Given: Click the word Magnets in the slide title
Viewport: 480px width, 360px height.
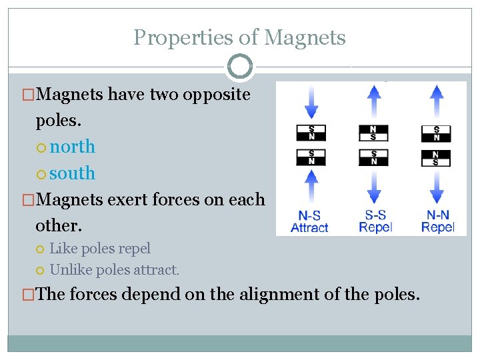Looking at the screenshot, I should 305,37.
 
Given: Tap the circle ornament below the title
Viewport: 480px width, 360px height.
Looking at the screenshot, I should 240,67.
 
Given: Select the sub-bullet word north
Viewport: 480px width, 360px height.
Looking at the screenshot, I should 73,146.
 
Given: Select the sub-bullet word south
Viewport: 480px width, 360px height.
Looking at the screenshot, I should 73,173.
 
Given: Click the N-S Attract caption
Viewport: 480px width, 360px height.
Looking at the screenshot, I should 309,221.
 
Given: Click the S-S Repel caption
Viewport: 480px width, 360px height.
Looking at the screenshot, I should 375,221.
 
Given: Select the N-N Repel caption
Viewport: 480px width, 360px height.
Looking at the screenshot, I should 437,221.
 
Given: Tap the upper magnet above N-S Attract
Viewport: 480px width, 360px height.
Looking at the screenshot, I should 311,133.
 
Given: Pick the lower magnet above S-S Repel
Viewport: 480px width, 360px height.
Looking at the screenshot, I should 374,158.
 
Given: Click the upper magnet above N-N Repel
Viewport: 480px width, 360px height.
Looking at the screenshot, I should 436,133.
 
